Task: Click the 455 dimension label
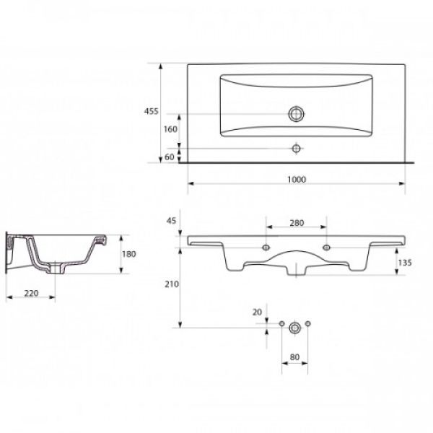pos(151,111)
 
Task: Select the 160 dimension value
pos(170,129)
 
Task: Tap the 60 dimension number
pos(170,157)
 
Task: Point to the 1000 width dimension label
pos(297,180)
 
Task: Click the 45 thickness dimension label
pos(171,221)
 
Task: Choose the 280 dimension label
pos(297,223)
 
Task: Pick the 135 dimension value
pos(405,263)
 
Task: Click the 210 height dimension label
pos(172,284)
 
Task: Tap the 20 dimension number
pos(257,312)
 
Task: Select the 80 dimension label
pos(294,357)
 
